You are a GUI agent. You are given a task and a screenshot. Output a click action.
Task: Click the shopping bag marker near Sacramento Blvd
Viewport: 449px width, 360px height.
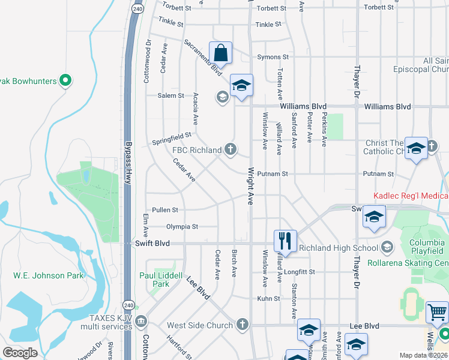(x=220, y=53)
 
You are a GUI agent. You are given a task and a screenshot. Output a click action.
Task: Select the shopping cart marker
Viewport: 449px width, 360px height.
(x=437, y=313)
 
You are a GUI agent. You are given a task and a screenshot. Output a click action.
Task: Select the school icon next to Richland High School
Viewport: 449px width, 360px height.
(x=387, y=248)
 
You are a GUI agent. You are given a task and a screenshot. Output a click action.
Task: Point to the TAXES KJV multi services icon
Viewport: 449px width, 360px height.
(x=140, y=322)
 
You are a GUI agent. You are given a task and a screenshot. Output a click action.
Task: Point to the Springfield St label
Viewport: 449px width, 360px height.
(x=171, y=139)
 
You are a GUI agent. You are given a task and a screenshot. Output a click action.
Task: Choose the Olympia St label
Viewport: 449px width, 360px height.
(x=182, y=227)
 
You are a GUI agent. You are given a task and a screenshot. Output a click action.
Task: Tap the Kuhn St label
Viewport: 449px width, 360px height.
(x=269, y=298)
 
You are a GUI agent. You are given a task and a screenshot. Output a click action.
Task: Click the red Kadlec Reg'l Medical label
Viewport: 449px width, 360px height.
(x=411, y=196)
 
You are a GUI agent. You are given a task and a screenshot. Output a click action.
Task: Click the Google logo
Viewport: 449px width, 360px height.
(x=20, y=353)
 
